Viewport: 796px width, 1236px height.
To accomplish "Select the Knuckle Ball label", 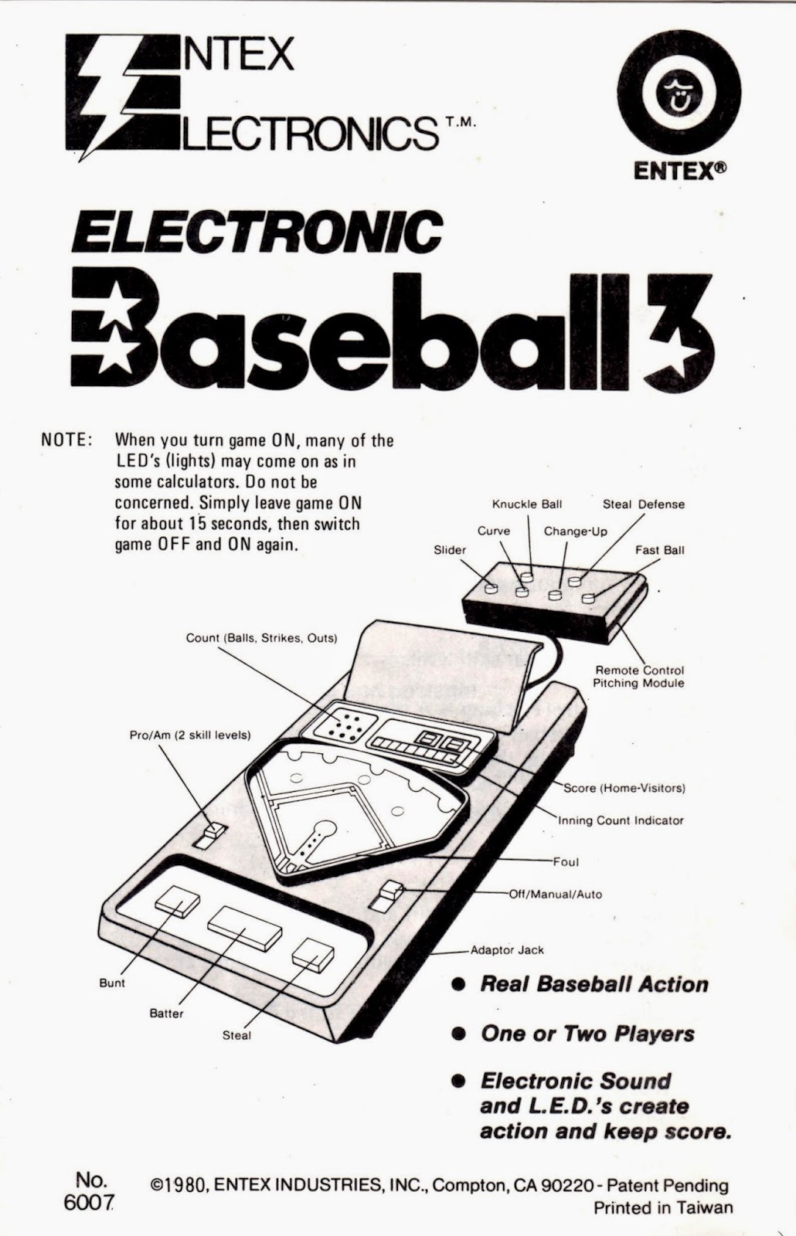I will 527,504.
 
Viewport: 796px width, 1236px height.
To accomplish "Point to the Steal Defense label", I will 643,504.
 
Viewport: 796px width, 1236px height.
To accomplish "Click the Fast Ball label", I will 659,550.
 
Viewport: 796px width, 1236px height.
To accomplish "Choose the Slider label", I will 450,550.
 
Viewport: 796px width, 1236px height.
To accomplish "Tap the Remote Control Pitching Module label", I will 638,677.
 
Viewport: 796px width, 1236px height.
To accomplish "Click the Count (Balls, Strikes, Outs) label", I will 261,638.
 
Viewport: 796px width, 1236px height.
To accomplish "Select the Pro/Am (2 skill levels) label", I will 189,735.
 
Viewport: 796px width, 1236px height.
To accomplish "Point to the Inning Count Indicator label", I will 621,820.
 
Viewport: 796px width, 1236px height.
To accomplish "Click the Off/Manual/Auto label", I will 555,894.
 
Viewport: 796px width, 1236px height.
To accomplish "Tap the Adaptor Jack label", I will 507,950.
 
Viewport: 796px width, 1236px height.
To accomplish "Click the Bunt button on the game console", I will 177,901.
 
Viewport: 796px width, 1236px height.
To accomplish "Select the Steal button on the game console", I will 312,953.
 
